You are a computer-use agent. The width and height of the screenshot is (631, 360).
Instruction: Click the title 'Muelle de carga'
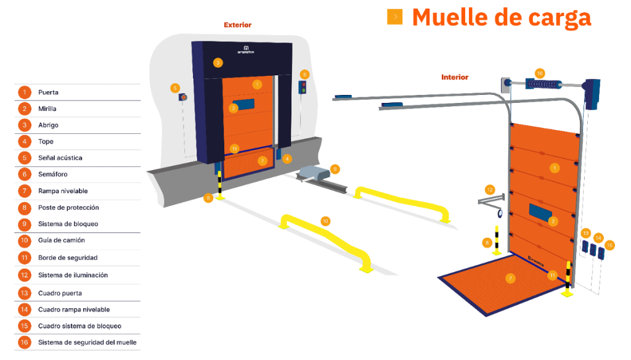pos(501,17)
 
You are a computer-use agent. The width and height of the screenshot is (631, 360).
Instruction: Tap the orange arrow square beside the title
pos(394,17)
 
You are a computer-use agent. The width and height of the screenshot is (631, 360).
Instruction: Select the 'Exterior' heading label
pos(237,25)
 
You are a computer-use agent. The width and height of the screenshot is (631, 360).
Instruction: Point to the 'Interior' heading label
pos(455,78)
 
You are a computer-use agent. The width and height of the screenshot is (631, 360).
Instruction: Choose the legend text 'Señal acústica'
pos(60,158)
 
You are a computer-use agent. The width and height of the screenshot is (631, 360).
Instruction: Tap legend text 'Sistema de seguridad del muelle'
pos(87,342)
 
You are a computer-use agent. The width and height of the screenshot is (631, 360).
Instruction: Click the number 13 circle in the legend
pos(24,293)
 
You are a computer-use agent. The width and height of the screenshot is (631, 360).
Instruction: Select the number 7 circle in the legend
pos(24,191)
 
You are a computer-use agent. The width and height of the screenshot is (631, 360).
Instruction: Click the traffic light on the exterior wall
pos(303,87)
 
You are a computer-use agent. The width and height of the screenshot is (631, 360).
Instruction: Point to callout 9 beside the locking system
pos(335,168)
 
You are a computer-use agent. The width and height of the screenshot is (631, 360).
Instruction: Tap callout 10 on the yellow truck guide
pos(325,220)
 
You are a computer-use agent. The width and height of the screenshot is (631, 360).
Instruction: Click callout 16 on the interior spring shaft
pos(540,73)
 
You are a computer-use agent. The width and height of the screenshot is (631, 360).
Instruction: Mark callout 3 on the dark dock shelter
pos(218,62)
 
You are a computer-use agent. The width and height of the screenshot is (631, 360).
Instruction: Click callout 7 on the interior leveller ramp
pos(510,278)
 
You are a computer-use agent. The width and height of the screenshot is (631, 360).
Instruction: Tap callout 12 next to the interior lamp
pos(490,189)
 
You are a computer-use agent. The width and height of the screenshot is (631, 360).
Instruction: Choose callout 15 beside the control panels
pos(609,245)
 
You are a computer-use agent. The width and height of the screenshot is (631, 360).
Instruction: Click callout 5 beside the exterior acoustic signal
pos(175,88)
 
